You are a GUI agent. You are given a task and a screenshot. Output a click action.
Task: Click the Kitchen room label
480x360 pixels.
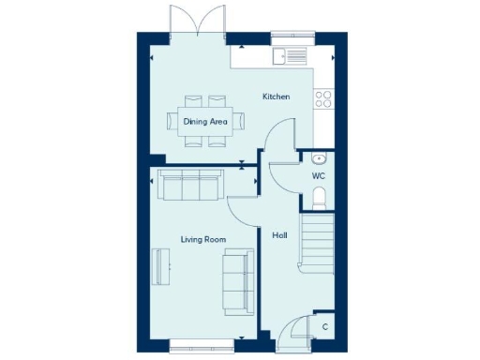[276, 97]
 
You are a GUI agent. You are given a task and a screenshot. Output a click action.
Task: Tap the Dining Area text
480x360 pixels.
[204, 121]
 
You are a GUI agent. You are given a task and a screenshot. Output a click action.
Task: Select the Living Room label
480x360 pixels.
[203, 240]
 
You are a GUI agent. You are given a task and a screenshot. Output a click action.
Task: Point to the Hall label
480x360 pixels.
[279, 235]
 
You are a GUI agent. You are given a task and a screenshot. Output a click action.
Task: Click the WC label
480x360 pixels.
[318, 175]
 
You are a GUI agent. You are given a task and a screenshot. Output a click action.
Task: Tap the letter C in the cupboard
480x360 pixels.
[324, 326]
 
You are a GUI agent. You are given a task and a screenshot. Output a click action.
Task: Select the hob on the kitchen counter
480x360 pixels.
[324, 97]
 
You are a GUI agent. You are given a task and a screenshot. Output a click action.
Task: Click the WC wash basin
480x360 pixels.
[319, 157]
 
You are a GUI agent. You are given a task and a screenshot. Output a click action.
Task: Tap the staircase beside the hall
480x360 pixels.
[319, 241]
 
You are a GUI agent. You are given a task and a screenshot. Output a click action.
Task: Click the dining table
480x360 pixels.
[205, 120]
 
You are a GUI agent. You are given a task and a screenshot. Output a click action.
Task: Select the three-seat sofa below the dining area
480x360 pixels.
[191, 186]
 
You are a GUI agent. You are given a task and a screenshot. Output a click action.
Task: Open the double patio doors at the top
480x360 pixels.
[197, 21]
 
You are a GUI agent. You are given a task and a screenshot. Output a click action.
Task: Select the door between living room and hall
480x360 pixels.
[242, 212]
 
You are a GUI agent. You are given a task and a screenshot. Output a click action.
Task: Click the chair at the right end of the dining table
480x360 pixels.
[240, 120]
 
